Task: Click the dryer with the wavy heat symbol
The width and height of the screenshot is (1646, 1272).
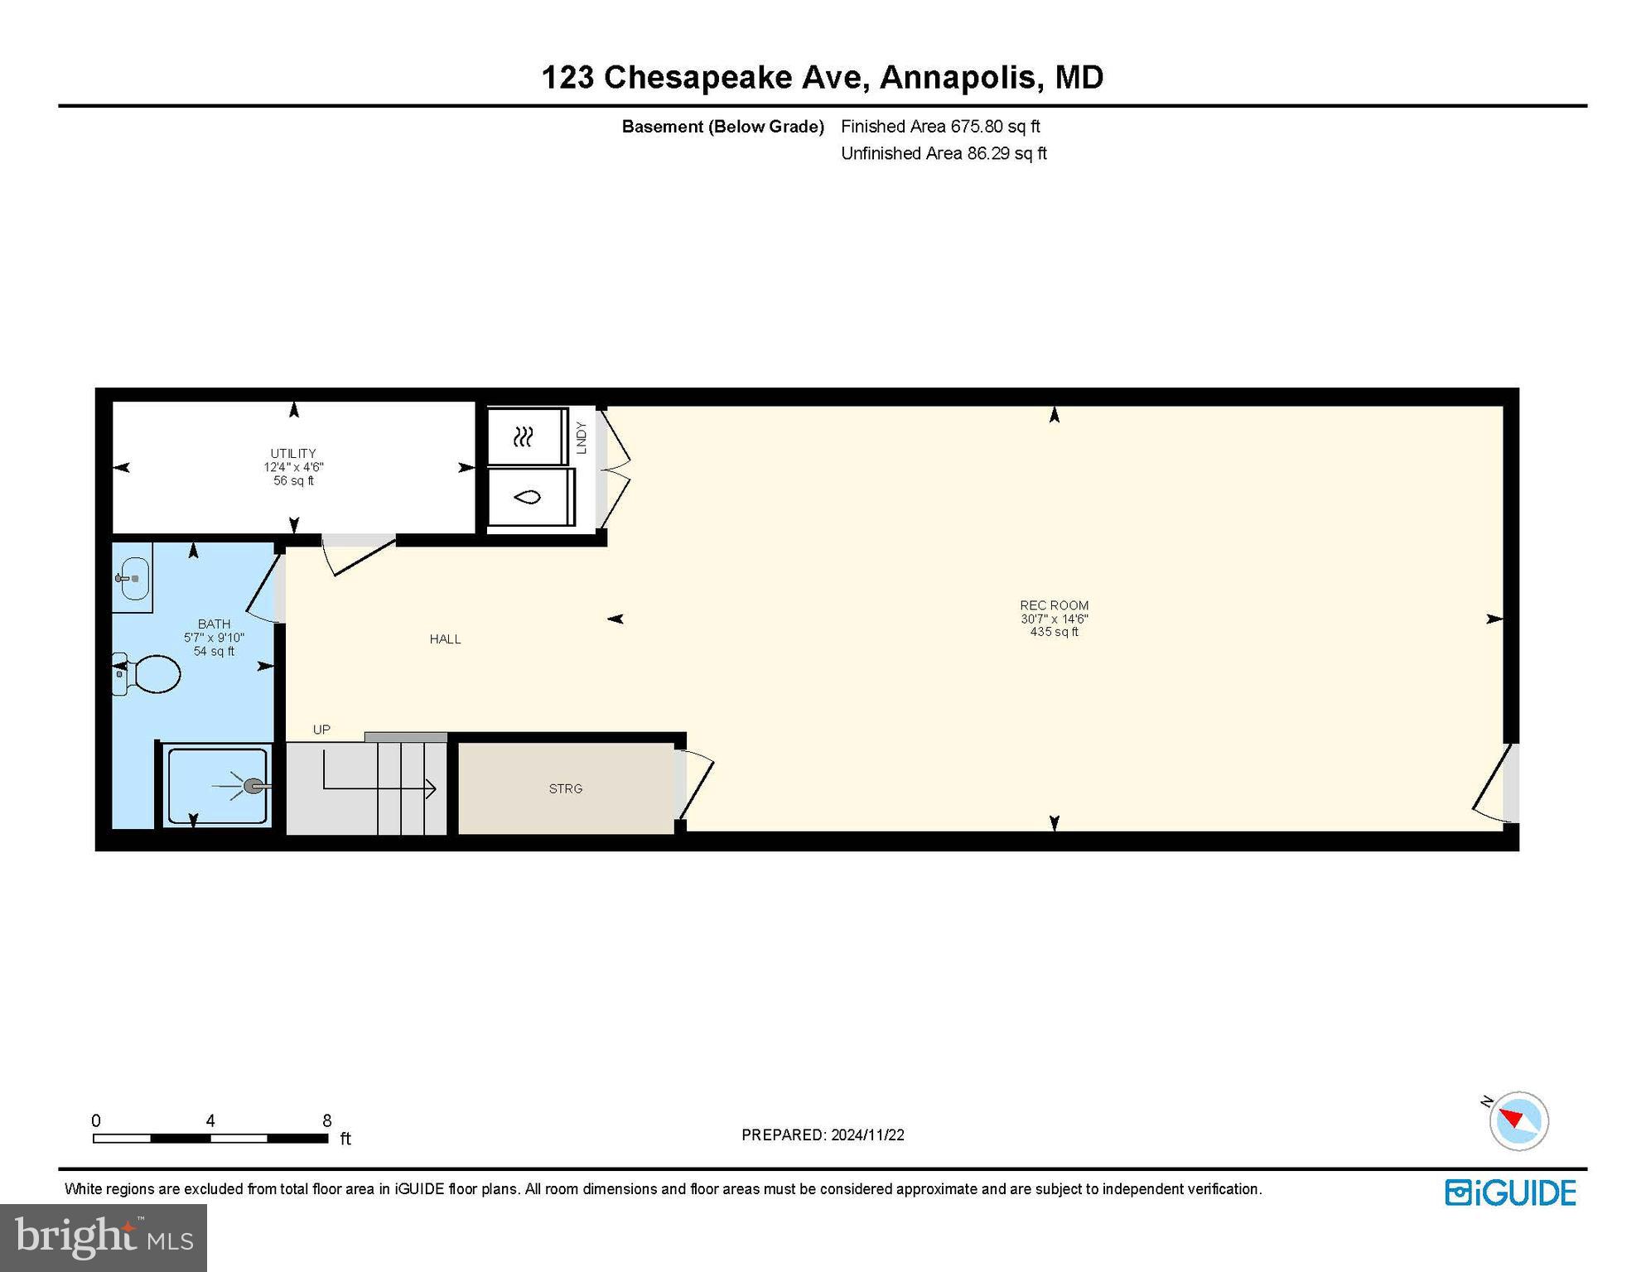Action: pos(524,436)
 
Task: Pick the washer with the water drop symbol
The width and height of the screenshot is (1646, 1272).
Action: pos(529,497)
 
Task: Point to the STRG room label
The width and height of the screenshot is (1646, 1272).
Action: pos(566,789)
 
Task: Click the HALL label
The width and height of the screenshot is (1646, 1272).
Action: pos(445,639)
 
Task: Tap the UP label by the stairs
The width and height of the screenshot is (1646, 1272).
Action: pos(321,730)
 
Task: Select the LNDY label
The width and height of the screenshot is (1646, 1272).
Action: pos(581,438)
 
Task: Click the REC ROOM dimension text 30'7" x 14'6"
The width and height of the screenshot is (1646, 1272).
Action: pos(1054,619)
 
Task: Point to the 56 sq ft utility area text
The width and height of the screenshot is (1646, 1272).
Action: pos(293,481)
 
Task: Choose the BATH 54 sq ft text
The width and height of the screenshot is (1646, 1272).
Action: pos(214,652)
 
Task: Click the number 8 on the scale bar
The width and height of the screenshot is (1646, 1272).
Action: pos(327,1120)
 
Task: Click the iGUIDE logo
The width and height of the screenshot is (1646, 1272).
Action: pos(1510,1192)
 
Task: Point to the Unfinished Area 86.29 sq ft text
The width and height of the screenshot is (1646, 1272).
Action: pos(944,153)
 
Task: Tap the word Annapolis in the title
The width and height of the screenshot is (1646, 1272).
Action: pos(958,77)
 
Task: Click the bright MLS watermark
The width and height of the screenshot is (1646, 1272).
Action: pos(104,1237)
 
